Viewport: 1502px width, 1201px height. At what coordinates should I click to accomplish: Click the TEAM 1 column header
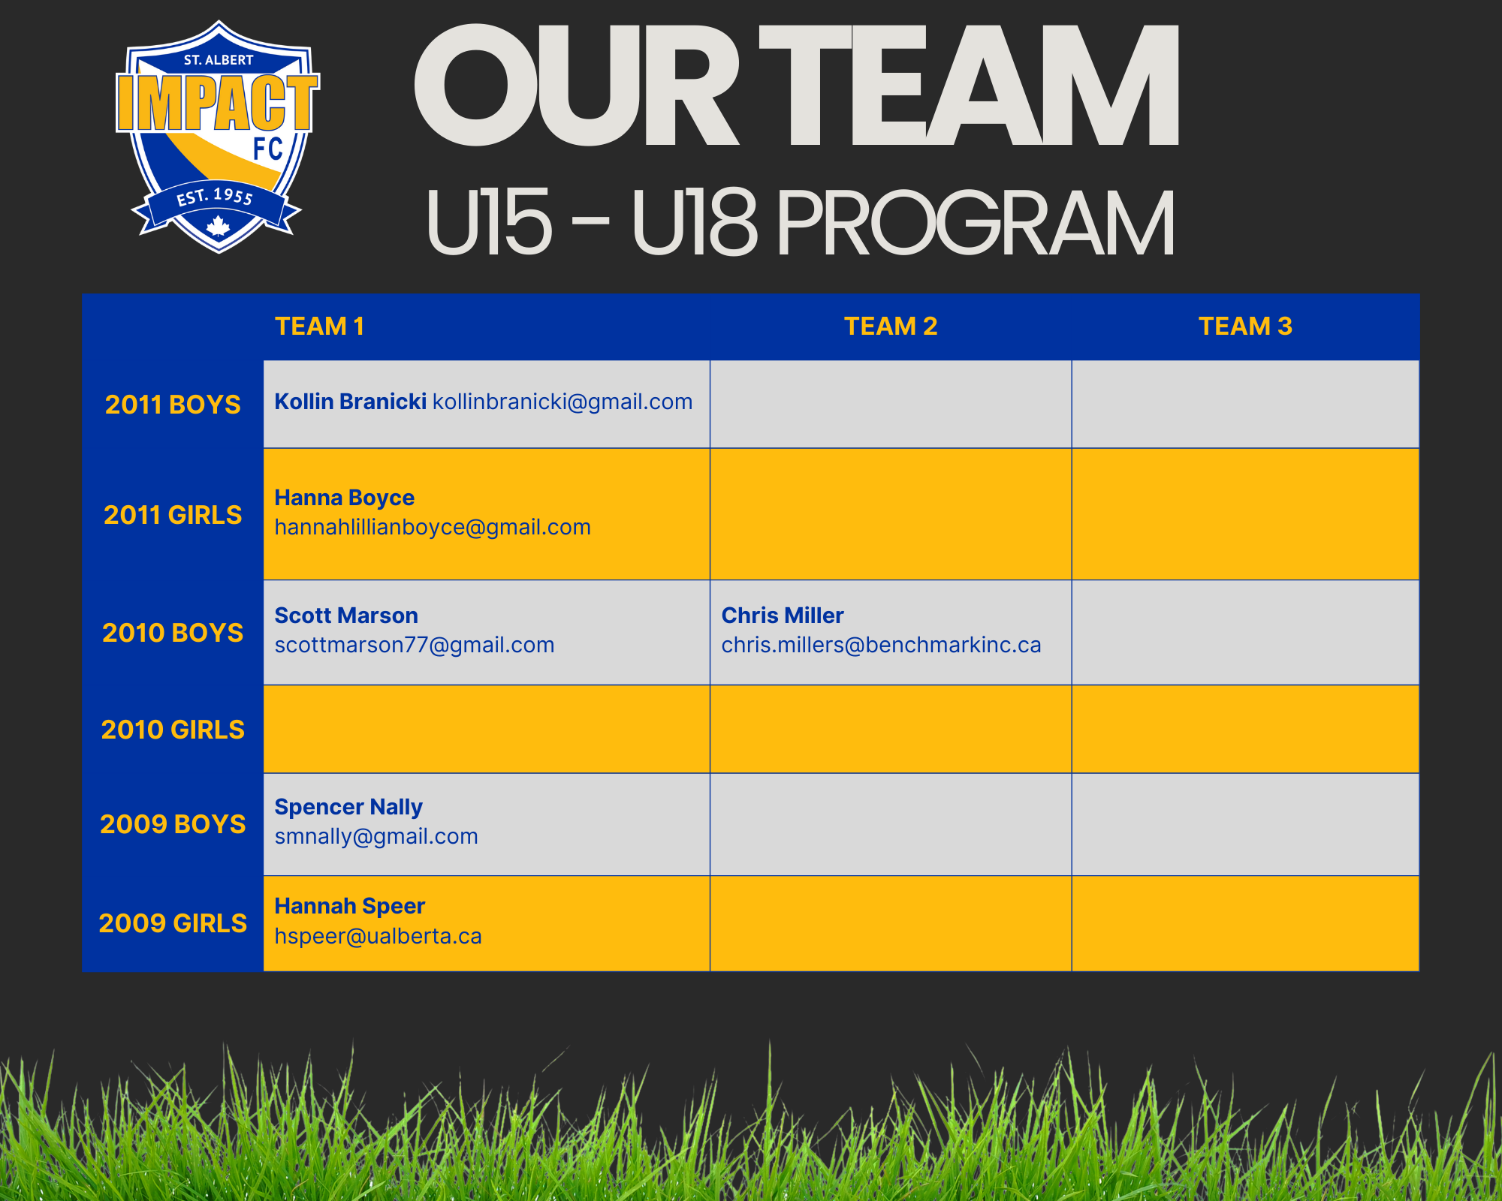pos(319,327)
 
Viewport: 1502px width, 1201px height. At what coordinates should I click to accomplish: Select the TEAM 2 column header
pos(891,327)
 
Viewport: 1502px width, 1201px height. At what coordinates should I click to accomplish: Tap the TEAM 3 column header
pos(1245,327)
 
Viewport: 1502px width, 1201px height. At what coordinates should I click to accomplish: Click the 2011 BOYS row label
pos(173,405)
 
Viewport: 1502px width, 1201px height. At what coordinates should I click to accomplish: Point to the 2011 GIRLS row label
pos(173,515)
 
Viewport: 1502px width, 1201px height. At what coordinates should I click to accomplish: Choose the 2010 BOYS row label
pos(173,633)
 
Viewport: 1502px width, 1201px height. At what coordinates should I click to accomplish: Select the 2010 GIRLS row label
pos(173,730)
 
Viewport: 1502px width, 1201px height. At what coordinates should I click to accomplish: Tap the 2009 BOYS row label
pos(173,824)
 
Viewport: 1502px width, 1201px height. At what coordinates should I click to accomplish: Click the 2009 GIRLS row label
pos(173,923)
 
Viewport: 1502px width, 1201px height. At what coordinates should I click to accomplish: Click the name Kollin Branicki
pos(351,402)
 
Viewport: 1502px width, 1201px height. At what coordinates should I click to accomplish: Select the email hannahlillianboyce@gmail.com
pos(433,528)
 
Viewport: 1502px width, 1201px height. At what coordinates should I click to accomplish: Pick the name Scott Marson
pos(346,616)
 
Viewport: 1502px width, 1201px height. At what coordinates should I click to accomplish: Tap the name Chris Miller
pos(783,616)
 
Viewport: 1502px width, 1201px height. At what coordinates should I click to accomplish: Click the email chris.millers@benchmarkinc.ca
pos(882,645)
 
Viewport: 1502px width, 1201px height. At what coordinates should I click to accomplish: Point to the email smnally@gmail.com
pos(376,836)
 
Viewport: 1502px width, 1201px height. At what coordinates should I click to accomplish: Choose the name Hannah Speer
pos(350,907)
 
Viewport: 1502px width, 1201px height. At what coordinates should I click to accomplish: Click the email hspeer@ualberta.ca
pos(378,936)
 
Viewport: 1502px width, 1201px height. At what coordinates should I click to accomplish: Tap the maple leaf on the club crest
pos(218,226)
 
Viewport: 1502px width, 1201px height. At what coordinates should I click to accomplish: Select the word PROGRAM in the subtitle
pos(976,222)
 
